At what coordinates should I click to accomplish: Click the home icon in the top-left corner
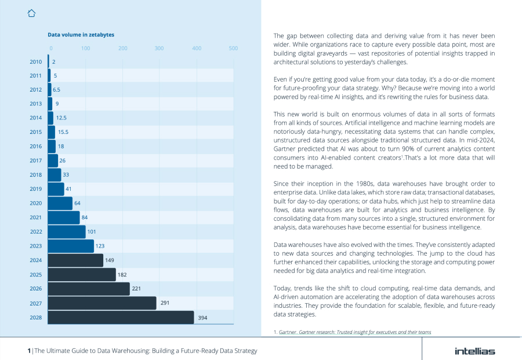coord(31,13)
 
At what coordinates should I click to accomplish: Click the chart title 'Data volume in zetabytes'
coord(81,35)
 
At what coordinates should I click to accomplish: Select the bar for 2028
coord(121,317)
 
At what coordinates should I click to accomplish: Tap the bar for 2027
coord(102,303)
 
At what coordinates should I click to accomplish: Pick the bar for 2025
coord(82,274)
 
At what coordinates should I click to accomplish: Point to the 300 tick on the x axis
coord(159,48)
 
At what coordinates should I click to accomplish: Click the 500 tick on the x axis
coord(233,48)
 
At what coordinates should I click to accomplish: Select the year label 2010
coord(35,61)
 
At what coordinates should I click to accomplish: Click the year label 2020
coord(35,203)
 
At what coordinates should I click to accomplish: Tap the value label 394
coord(202,317)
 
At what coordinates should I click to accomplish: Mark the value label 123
coord(100,246)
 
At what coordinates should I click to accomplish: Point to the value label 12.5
coord(61,118)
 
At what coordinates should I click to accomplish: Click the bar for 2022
coord(67,232)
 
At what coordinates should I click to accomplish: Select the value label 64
coord(77,203)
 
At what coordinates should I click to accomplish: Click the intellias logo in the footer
coord(474,351)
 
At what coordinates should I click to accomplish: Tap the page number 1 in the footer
coord(29,351)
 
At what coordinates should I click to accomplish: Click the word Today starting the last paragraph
coord(282,288)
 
